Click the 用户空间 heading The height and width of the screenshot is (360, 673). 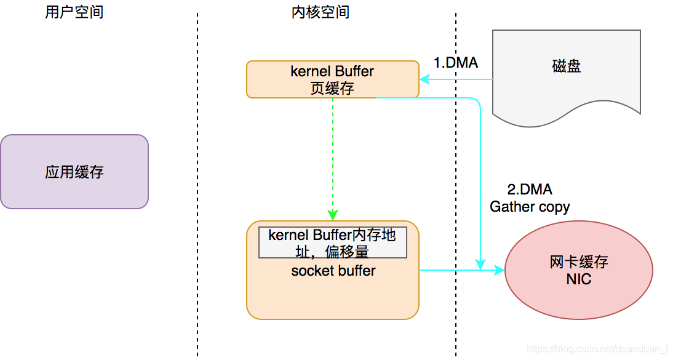[x=74, y=12]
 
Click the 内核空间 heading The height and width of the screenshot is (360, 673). [x=320, y=12]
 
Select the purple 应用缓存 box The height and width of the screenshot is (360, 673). [x=74, y=172]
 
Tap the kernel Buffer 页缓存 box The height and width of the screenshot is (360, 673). [x=332, y=79]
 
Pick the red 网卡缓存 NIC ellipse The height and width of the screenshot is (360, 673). [x=578, y=270]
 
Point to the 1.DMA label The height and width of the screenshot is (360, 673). [x=455, y=63]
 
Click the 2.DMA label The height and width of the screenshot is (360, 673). [x=529, y=190]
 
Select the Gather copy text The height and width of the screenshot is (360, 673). [x=529, y=207]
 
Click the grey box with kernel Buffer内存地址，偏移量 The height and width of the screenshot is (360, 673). [x=332, y=243]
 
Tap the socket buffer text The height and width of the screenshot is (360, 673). [x=333, y=271]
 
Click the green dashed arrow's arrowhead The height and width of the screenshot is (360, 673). [x=332, y=215]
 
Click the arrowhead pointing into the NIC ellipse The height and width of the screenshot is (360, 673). [x=499, y=270]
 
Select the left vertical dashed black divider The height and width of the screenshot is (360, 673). [x=197, y=185]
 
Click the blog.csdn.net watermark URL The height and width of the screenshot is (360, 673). [x=597, y=350]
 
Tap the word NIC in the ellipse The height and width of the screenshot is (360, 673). [x=578, y=279]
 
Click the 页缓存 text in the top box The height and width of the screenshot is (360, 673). [x=332, y=88]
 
